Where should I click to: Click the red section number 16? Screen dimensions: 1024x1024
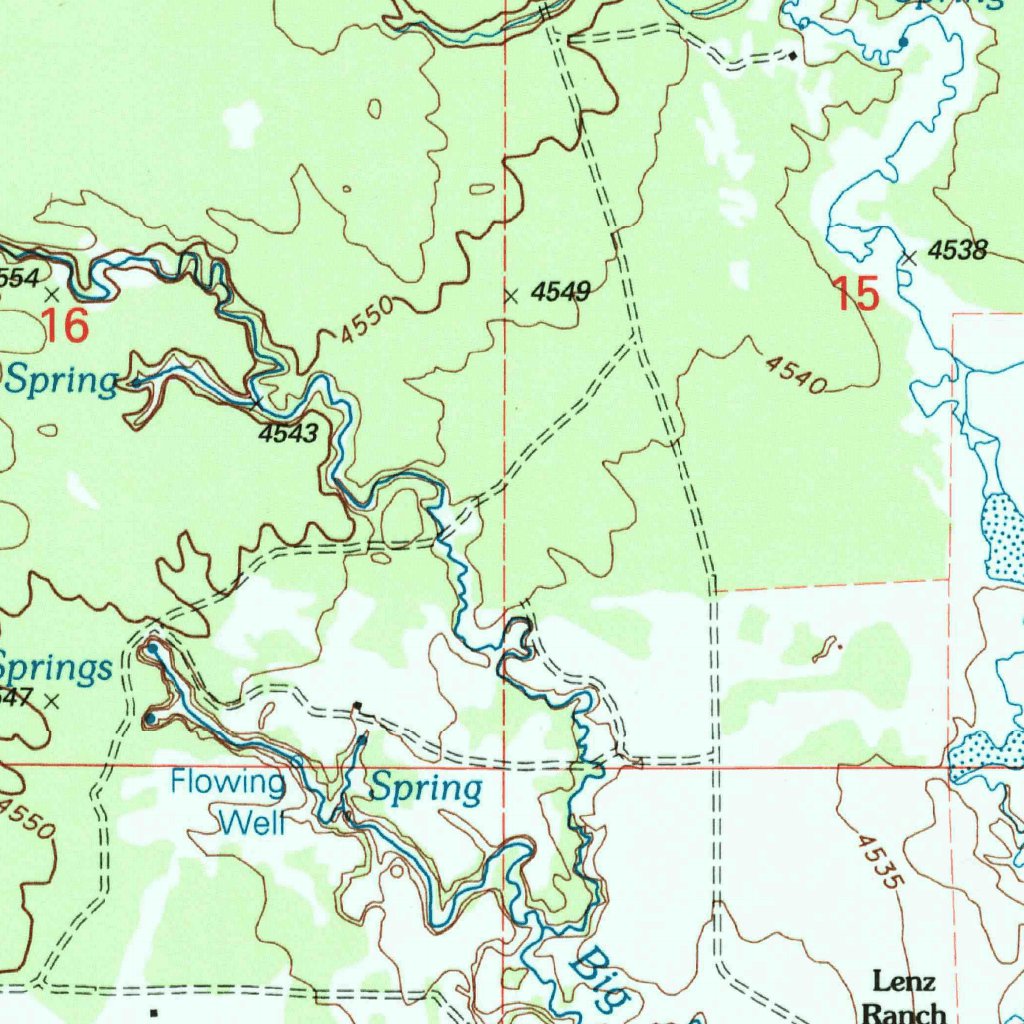pyautogui.click(x=66, y=325)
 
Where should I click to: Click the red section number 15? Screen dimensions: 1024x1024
pyautogui.click(x=857, y=295)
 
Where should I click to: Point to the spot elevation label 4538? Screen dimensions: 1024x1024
pyautogui.click(x=958, y=251)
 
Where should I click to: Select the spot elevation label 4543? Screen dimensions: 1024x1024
pyautogui.click(x=288, y=433)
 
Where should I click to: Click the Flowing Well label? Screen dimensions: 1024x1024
pyautogui.click(x=230, y=801)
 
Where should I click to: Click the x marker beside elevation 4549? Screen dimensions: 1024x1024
pyautogui.click(x=511, y=296)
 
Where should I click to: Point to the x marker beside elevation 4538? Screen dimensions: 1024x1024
pyautogui.click(x=909, y=258)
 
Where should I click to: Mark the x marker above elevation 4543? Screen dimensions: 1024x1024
pyautogui.click(x=257, y=403)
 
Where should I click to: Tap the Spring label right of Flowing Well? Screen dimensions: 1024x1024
pyautogui.click(x=427, y=788)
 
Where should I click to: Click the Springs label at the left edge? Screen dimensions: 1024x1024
pyautogui.click(x=54, y=667)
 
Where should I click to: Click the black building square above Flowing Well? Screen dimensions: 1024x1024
pyautogui.click(x=358, y=707)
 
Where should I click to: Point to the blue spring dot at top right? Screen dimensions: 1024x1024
pyautogui.click(x=903, y=43)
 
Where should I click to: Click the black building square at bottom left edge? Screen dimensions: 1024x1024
pyautogui.click(x=153, y=1013)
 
